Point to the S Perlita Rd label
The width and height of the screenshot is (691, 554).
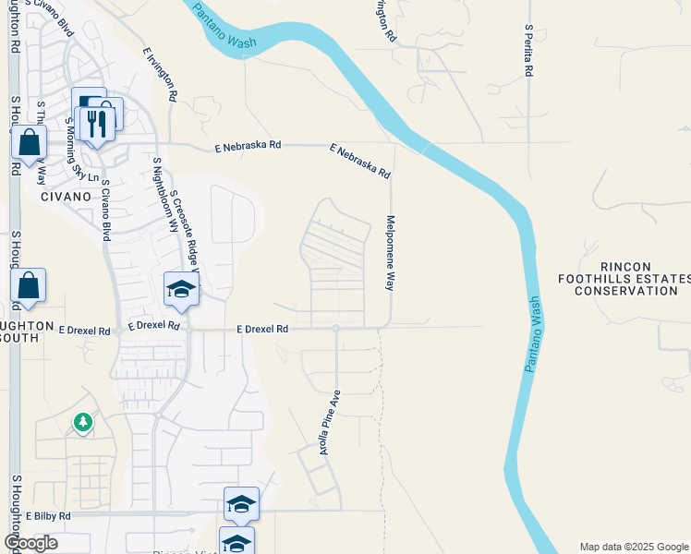[528, 51]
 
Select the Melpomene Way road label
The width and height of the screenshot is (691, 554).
[390, 254]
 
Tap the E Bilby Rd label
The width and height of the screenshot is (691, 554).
[48, 516]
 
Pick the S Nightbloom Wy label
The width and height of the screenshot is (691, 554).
[166, 199]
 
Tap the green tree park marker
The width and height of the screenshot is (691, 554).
[83, 422]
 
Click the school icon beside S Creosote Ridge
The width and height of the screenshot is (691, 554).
[182, 291]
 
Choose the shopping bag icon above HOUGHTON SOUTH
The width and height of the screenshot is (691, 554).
[29, 286]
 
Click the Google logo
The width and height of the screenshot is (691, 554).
[30, 543]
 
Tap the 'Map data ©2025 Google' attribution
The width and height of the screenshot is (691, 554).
[634, 547]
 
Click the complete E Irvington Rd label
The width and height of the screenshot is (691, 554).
[161, 74]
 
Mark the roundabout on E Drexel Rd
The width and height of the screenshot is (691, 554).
[335, 328]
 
